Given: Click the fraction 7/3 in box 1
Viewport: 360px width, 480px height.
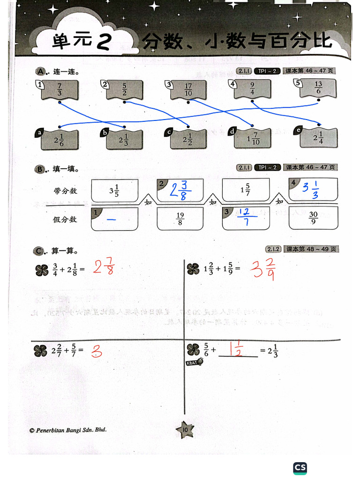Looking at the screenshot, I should [x=60, y=89].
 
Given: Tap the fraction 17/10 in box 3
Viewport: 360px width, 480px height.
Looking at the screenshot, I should [x=188, y=90].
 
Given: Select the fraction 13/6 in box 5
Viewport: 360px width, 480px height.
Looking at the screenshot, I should [x=318, y=88].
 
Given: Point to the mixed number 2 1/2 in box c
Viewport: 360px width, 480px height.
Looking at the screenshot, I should [x=188, y=140].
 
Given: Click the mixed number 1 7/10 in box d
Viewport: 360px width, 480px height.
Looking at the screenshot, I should [x=253, y=139].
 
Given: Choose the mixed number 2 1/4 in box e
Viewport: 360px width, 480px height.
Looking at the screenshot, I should [x=318, y=137].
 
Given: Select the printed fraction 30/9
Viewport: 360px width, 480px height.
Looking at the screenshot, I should [x=313, y=218].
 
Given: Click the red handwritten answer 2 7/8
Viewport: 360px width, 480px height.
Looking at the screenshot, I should [x=104, y=267].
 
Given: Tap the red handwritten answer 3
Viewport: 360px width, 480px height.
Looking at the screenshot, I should [x=97, y=351].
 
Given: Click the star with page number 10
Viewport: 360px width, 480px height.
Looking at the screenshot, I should [x=185, y=429].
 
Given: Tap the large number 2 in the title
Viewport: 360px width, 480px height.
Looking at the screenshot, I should [x=103, y=42].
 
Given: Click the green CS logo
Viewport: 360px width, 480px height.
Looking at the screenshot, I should [x=300, y=467].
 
